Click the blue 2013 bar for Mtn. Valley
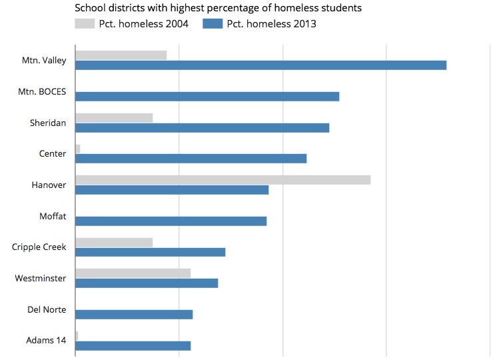(260, 65)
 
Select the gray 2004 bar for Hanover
(223, 180)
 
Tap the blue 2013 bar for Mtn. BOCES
(207, 96)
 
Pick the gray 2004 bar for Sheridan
(114, 118)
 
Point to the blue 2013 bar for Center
(191, 159)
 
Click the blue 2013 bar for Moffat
(171, 221)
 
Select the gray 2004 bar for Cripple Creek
(114, 243)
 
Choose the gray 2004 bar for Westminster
(133, 273)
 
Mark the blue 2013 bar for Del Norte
(134, 314)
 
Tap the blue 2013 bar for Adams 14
(133, 345)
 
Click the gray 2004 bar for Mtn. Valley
(121, 55)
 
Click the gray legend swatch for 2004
(85, 25)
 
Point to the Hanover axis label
(49, 185)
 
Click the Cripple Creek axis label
(39, 247)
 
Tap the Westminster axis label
(41, 278)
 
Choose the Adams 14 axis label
(46, 341)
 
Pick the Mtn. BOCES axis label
(42, 91)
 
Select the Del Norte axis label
(47, 309)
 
